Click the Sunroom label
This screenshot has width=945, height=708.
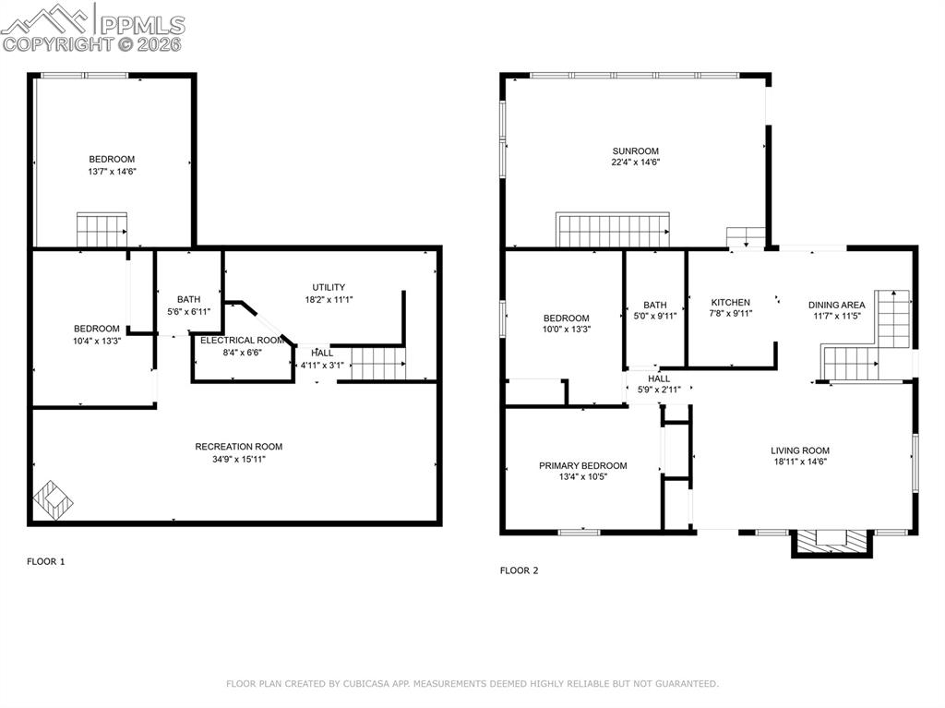635,151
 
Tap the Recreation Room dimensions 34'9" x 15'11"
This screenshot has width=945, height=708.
238,459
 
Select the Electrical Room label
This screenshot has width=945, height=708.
242,340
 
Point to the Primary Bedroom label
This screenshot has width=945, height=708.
582,465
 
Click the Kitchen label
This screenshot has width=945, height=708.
730,302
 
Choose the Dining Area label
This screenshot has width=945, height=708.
836,305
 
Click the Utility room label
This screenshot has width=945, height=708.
328,287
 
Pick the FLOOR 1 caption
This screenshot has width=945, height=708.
45,561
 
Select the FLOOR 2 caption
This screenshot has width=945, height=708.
519,570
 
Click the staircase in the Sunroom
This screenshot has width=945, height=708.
612,230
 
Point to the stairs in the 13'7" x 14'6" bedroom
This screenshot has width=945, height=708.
102,230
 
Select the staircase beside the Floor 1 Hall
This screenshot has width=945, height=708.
377,364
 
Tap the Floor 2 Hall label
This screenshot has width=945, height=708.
659,378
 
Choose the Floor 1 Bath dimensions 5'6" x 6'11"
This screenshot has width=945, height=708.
188,311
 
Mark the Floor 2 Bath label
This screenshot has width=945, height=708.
654,305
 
